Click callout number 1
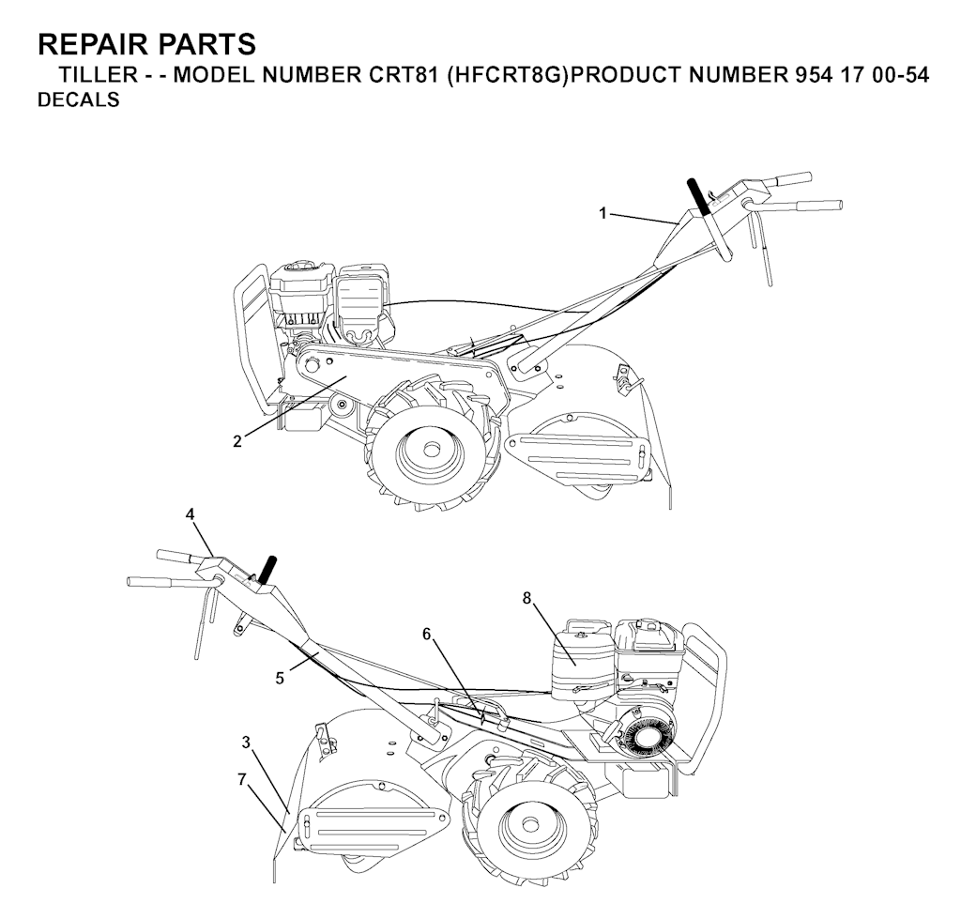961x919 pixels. click(603, 213)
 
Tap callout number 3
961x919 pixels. click(246, 742)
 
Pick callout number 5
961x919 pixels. click(280, 676)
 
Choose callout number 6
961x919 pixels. click(427, 635)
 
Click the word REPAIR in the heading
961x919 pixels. click(88, 44)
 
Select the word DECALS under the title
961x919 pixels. click(78, 100)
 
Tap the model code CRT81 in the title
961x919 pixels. click(399, 76)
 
